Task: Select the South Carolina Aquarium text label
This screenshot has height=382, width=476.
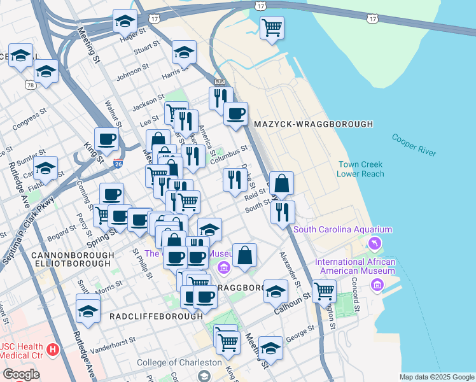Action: [342, 229]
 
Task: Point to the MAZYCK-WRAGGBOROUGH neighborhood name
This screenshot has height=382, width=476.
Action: [313, 124]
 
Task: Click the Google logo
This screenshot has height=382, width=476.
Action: [20, 374]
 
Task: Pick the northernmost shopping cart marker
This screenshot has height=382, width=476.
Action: [272, 27]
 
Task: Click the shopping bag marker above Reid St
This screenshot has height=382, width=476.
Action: [281, 183]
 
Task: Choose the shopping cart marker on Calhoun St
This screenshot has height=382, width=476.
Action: [324, 291]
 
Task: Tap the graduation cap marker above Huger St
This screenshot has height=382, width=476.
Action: [125, 20]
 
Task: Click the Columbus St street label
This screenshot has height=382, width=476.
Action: [230, 153]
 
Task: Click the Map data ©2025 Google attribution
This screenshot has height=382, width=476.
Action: [436, 377]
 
